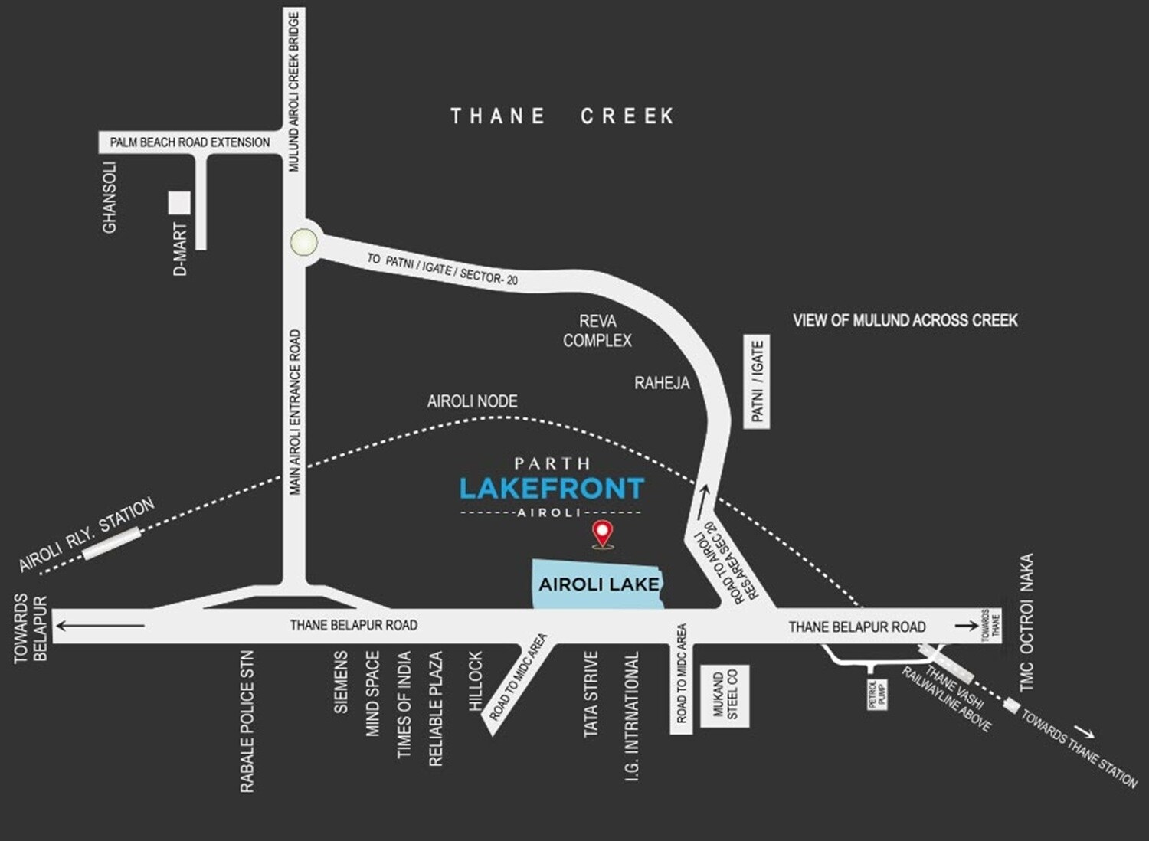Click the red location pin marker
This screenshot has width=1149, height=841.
(604, 533)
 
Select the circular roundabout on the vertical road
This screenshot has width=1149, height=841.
(304, 243)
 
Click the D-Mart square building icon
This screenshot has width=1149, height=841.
(179, 202)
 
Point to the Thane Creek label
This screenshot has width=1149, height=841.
(562, 116)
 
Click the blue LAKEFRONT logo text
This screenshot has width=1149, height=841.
(552, 488)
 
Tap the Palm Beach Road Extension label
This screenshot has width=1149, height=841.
(189, 142)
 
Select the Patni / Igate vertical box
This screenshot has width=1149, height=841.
(757, 381)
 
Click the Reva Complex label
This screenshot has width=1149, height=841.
(597, 331)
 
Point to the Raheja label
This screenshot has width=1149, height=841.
(662, 383)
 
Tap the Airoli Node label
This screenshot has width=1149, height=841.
(472, 401)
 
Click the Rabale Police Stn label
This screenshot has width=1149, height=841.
(247, 722)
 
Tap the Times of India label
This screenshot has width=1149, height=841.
(404, 705)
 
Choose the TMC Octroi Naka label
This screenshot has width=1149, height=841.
(1026, 622)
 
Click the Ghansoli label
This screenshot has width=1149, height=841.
(110, 197)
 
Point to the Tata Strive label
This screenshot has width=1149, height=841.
(591, 694)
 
